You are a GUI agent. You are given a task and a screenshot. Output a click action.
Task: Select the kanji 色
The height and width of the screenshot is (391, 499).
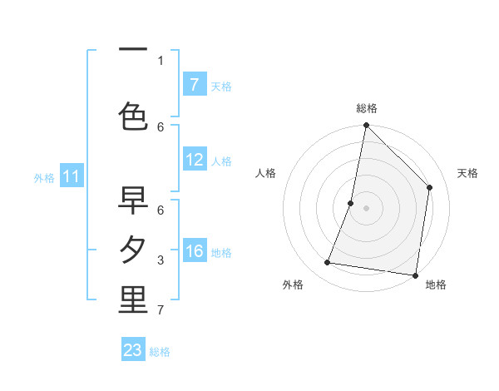click(x=133, y=116)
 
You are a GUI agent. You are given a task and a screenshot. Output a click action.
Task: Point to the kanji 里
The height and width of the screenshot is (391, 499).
click(x=133, y=301)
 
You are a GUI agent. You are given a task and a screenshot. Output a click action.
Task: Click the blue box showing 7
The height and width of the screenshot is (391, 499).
click(x=194, y=85)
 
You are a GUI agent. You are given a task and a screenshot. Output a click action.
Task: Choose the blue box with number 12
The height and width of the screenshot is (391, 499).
click(x=194, y=161)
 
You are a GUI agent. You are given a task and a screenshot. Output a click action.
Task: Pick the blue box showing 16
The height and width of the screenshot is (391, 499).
click(x=194, y=251)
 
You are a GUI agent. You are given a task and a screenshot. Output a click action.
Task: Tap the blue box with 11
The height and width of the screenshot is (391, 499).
click(x=72, y=176)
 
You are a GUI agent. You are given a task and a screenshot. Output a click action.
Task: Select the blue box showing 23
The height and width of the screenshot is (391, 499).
click(x=133, y=350)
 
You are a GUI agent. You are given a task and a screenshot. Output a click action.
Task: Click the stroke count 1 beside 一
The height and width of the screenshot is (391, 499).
click(x=161, y=60)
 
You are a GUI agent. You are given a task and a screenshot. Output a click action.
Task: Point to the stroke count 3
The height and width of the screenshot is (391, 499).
click(x=161, y=260)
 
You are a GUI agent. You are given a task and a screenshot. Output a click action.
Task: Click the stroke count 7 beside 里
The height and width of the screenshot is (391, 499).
click(x=161, y=311)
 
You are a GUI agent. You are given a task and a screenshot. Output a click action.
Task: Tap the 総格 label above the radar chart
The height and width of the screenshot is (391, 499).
click(x=366, y=108)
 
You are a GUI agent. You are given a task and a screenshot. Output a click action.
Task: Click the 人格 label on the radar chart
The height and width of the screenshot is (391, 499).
click(x=266, y=173)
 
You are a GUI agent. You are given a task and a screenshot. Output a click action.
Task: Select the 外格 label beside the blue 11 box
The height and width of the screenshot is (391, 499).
click(x=43, y=177)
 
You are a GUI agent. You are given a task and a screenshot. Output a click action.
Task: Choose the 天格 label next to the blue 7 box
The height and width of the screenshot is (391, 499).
click(x=220, y=86)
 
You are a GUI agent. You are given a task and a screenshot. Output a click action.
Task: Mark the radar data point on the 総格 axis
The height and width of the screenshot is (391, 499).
click(x=366, y=126)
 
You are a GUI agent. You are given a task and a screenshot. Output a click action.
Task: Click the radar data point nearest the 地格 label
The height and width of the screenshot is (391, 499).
click(x=415, y=275)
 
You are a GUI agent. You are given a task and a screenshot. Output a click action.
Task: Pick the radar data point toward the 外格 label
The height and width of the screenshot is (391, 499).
click(x=328, y=263)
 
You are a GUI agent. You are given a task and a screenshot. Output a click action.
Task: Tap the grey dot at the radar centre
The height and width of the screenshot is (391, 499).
click(x=366, y=208)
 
